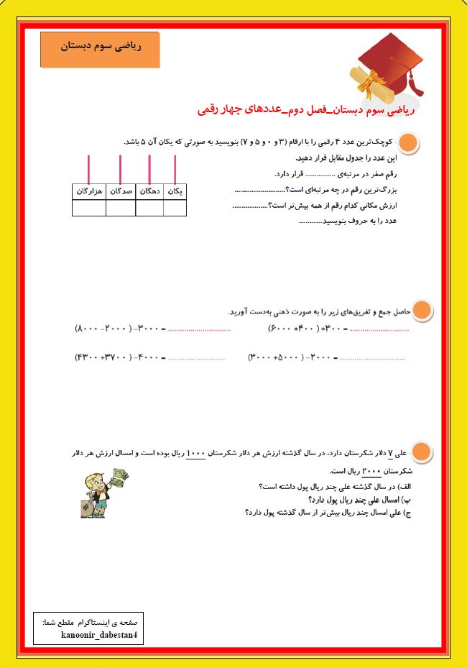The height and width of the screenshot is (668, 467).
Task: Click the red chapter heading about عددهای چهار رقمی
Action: (307, 110)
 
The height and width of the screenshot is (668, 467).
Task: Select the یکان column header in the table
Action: (175, 191)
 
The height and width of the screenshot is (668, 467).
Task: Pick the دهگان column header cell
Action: (149, 191)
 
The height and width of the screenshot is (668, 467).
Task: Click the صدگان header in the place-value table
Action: (121, 191)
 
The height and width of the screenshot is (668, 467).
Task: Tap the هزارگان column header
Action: (89, 191)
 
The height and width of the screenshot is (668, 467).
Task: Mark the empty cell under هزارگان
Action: (89, 208)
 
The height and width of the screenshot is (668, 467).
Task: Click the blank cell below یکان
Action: (175, 208)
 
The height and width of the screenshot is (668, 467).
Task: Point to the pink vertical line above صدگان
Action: (121, 169)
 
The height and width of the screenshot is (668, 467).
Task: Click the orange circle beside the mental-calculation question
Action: (423, 310)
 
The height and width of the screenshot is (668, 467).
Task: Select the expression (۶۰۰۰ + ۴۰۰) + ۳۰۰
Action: (309, 329)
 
